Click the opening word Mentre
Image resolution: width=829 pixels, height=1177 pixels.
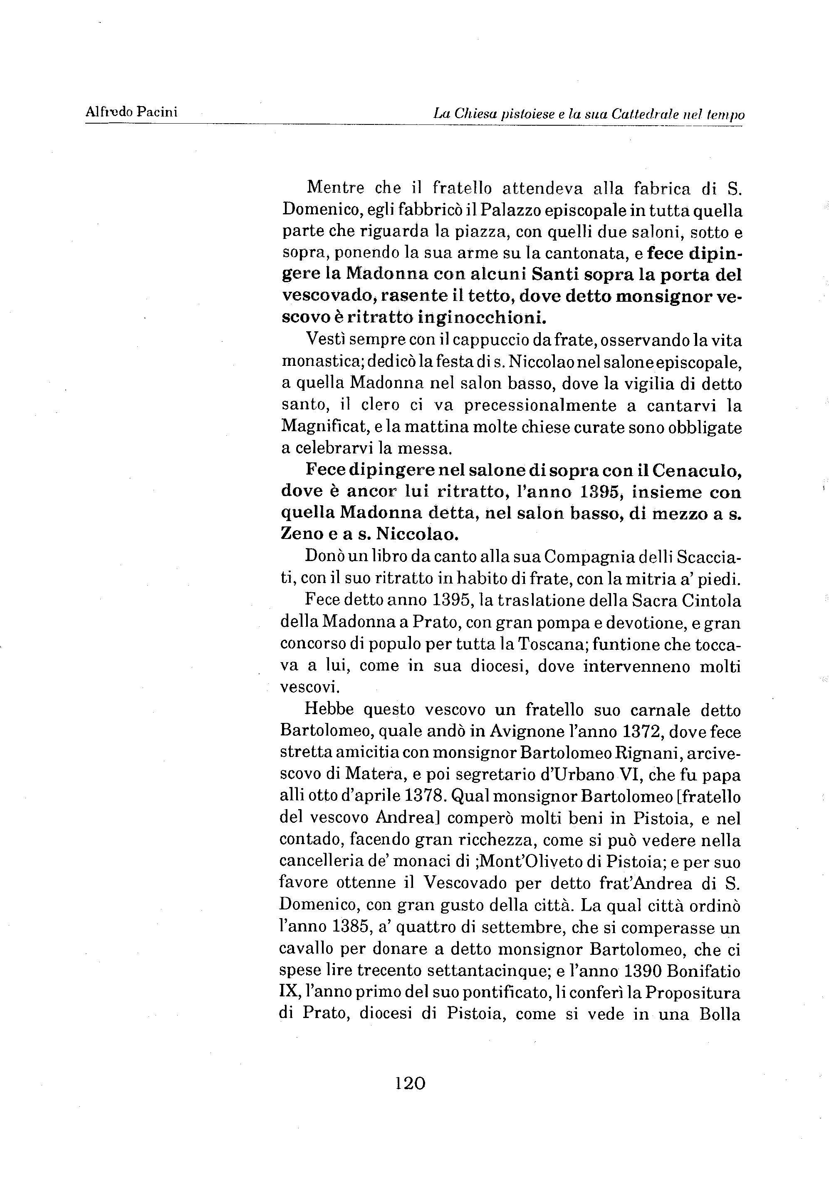pos(336,188)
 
